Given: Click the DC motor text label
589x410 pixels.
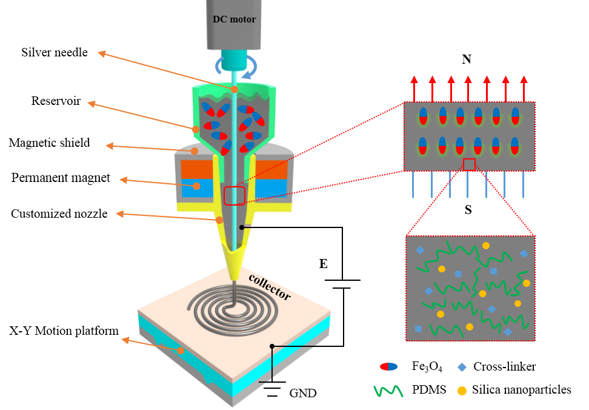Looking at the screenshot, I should click(234, 19).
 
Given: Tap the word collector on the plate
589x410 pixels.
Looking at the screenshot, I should click(270, 287).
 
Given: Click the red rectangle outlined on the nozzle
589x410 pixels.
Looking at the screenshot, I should click(235, 196).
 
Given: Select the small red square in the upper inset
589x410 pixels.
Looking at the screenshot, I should click(469, 164).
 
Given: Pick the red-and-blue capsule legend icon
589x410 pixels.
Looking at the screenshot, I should click(388, 367).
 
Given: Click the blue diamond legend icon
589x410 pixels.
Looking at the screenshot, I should click(462, 367).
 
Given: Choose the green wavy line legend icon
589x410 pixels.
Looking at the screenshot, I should click(388, 391).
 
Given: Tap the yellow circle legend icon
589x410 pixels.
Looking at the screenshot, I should click(462, 391).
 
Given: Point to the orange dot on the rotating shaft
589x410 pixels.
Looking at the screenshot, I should click(235, 90).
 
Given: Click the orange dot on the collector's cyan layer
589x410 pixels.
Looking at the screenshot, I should click(180, 351).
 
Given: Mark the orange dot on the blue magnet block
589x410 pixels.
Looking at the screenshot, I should click(196, 186).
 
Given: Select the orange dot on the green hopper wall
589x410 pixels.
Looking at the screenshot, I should click(196, 129).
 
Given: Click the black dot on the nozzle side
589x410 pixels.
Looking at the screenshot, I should click(241, 227).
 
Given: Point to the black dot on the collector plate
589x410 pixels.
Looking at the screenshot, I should click(272, 346).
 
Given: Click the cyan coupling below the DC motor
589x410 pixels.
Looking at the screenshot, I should click(234, 60).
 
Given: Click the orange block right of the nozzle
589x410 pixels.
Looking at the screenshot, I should click(271, 169).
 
